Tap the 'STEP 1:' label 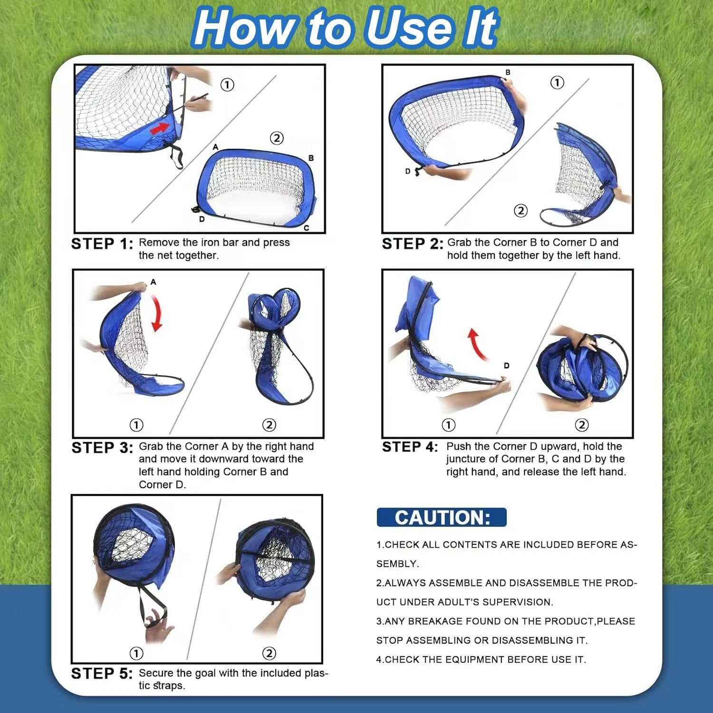[x=102, y=244]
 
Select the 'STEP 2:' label [x=413, y=244]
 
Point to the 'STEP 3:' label [x=102, y=448]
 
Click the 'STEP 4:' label [x=410, y=447]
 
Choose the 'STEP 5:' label [x=102, y=674]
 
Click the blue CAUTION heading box [x=442, y=517]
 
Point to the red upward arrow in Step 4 [x=476, y=343]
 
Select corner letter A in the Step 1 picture [x=215, y=147]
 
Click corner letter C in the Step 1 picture [x=307, y=228]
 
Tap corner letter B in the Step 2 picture [x=508, y=72]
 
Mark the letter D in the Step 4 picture [x=507, y=366]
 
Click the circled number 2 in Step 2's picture [x=521, y=211]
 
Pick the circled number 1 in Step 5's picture [x=136, y=654]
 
